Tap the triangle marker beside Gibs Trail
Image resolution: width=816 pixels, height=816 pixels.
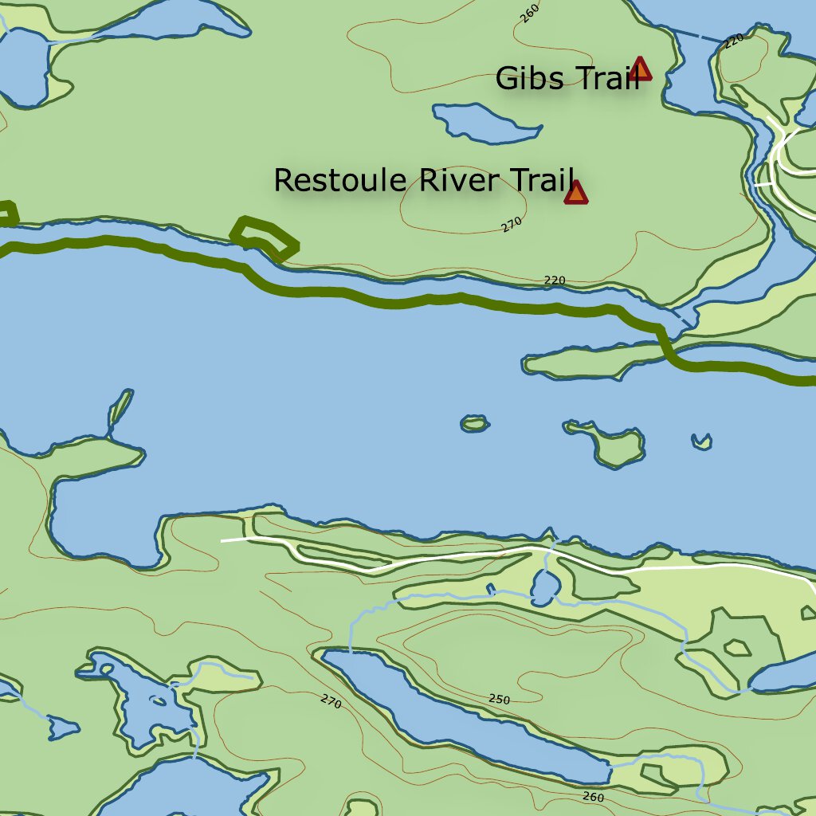coord(640,69)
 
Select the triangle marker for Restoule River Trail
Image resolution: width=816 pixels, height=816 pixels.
coord(575,193)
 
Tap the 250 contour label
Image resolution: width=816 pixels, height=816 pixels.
coord(499,700)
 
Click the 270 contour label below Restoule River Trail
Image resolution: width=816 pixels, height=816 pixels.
coord(512,225)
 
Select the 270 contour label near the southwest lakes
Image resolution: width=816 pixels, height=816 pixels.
coord(331,701)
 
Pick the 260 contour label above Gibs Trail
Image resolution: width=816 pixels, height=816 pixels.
coord(528,10)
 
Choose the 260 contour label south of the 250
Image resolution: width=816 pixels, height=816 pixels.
coord(593,797)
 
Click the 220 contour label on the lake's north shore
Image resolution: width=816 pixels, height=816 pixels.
coord(555,280)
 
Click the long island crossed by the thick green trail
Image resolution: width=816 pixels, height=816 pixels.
coord(594,360)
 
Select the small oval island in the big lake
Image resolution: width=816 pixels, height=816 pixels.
coord(475,424)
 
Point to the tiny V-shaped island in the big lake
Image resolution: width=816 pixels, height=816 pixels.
coord(701,441)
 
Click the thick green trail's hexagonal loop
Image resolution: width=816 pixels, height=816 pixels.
coord(264,237)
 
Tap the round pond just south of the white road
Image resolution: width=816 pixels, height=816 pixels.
coord(545,589)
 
